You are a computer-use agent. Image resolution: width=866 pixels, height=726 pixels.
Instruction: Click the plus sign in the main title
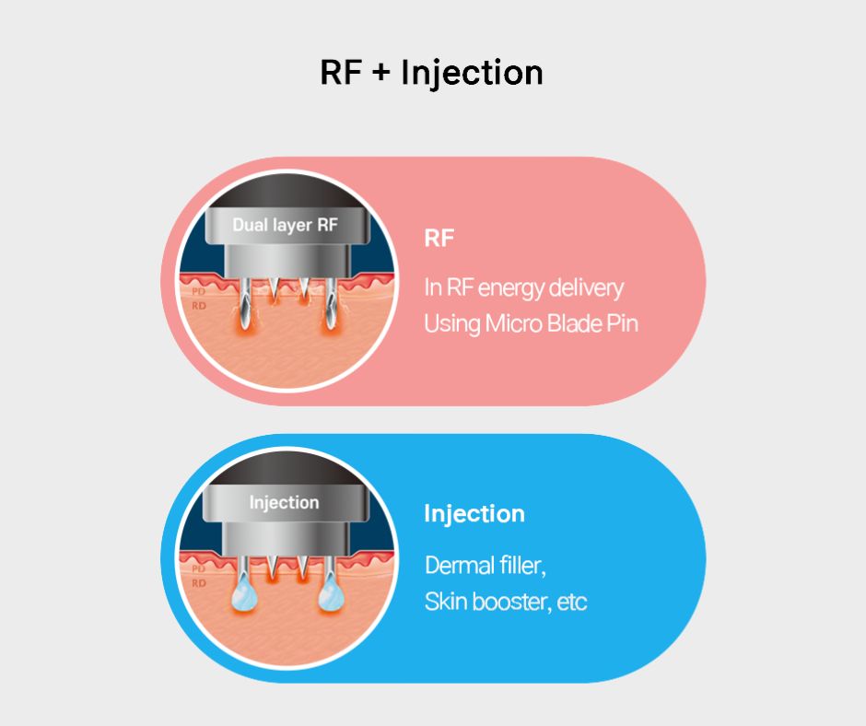[381, 74]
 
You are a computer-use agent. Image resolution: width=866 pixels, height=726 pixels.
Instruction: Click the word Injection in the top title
[472, 74]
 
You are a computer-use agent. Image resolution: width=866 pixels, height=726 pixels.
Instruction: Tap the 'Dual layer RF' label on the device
[285, 226]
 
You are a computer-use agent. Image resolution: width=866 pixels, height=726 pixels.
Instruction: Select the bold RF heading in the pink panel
[439, 239]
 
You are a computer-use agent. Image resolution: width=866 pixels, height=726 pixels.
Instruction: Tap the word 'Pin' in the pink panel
[625, 324]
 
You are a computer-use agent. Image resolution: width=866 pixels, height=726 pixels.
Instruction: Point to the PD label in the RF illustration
[198, 292]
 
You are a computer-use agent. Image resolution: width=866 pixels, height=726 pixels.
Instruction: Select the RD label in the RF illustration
[198, 305]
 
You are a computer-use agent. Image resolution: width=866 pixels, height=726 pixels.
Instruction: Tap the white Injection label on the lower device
[284, 503]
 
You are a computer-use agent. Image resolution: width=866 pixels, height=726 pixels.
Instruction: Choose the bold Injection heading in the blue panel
[474, 514]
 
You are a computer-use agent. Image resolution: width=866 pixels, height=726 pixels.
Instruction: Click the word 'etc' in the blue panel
[572, 603]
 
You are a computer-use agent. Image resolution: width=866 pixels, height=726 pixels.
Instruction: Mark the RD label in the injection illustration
[198, 583]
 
